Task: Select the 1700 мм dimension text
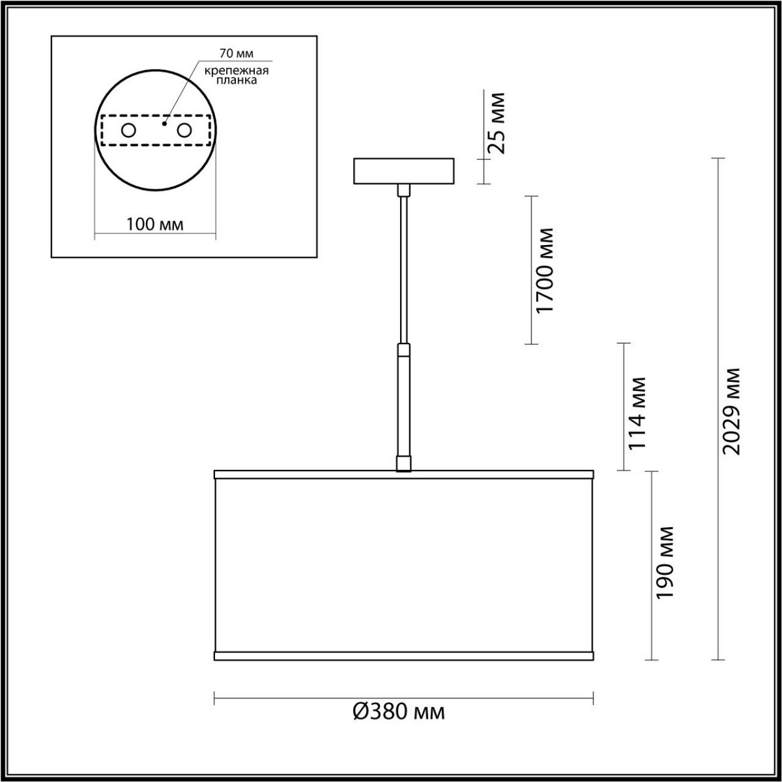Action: [543, 270]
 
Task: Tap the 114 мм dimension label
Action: [636, 413]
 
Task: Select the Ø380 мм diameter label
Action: [399, 712]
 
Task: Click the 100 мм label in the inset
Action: [154, 225]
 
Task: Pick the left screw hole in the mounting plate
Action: [128, 130]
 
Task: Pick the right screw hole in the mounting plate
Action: [185, 130]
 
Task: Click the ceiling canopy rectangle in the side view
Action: [403, 171]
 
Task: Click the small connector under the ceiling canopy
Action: [404, 190]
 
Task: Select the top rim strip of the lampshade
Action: [403, 474]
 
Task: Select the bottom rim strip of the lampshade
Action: [403, 654]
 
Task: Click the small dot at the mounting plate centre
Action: [165, 121]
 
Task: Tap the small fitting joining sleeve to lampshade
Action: [404, 463]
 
